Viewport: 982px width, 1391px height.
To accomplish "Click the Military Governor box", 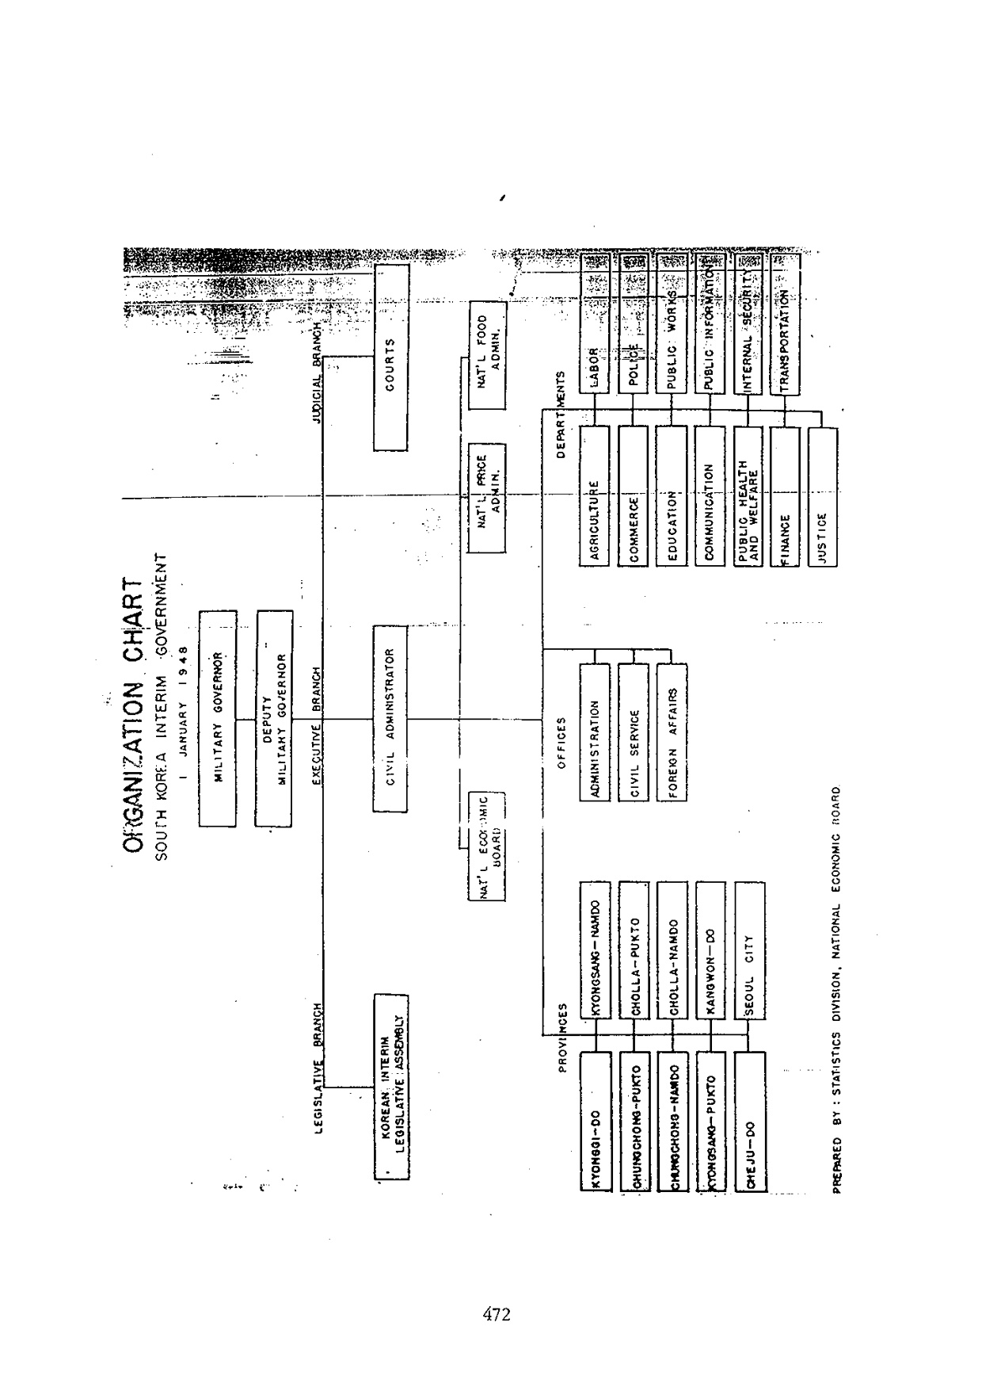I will [x=217, y=718].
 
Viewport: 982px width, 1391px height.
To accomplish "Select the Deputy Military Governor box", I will [x=274, y=718].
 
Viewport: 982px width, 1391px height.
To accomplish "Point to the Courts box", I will [x=390, y=357].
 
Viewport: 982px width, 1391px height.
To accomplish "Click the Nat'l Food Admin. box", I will [x=486, y=355].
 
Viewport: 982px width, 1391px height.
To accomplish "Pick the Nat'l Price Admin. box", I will [x=486, y=498].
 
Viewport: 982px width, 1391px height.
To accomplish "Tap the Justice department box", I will [x=822, y=498].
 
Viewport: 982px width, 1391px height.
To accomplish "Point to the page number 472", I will [x=496, y=1315].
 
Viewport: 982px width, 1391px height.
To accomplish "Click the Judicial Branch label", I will [x=317, y=373].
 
